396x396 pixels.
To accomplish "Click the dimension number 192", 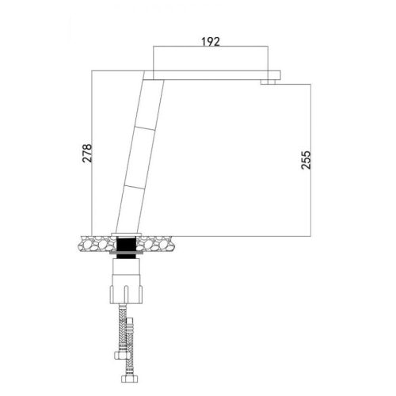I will pos(209,40).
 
